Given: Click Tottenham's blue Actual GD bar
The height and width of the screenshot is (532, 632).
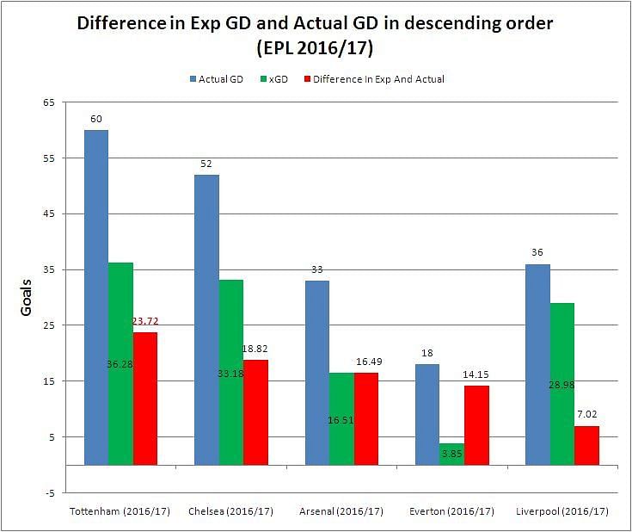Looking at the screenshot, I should click(96, 297).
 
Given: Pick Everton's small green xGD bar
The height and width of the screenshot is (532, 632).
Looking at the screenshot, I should click(451, 455).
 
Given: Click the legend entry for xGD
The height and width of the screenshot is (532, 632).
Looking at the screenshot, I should click(276, 79).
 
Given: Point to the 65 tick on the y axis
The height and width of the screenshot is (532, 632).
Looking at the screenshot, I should click(48, 102).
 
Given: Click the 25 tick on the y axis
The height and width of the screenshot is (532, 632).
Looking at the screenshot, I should click(48, 325).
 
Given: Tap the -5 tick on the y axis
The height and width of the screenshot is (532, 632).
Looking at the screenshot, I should click(50, 493).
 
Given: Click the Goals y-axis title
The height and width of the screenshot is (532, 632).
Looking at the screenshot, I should click(26, 297).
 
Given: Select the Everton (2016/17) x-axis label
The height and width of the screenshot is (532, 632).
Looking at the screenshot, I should click(452, 511).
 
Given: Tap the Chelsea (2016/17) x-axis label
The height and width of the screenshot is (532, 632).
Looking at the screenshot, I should click(230, 511).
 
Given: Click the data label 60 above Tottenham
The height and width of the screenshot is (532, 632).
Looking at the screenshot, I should click(96, 119).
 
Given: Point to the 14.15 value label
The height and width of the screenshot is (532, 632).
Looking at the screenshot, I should click(476, 374).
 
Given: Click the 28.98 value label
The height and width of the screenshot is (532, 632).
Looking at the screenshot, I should click(562, 385).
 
